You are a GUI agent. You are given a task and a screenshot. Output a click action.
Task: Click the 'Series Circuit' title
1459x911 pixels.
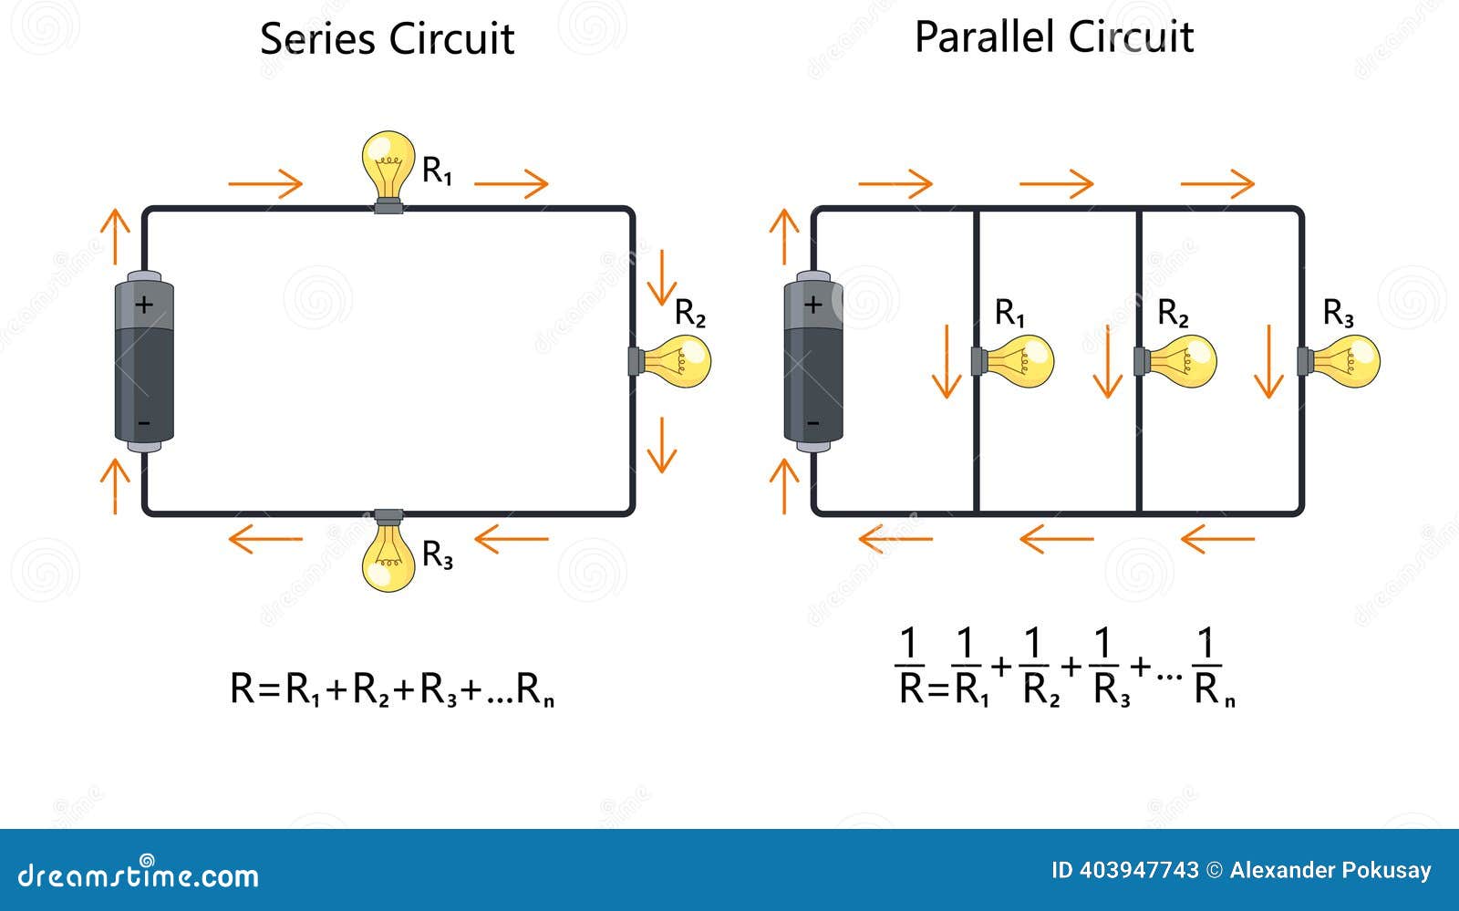pyautogui.click(x=387, y=39)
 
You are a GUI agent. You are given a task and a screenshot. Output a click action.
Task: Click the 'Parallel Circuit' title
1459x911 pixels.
pyautogui.click(x=1054, y=37)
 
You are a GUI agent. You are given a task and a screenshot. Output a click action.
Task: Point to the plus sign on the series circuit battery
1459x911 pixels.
pyautogui.click(x=144, y=304)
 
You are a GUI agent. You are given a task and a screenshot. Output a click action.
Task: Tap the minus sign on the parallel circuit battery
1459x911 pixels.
pyautogui.click(x=813, y=423)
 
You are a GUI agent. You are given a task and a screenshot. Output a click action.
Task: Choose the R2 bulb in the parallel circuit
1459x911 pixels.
pyautogui.click(x=1182, y=361)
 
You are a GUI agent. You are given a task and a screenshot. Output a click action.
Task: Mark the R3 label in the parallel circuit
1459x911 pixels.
pyautogui.click(x=1338, y=313)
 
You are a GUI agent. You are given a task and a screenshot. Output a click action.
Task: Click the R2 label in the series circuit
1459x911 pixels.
pyautogui.click(x=690, y=313)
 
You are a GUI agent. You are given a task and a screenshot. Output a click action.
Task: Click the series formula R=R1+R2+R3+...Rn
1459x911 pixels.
pyautogui.click(x=392, y=689)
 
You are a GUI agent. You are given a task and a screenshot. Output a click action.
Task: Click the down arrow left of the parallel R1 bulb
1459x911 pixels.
pyautogui.click(x=947, y=361)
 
